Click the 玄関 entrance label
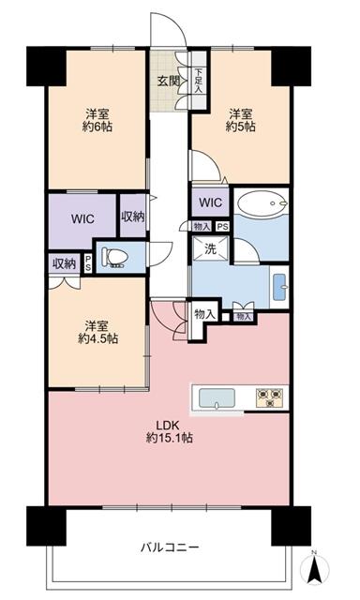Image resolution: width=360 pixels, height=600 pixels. coord(170,79)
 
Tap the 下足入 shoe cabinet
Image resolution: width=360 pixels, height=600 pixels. coord(199,81)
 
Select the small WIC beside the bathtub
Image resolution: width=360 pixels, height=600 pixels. coord(209,202)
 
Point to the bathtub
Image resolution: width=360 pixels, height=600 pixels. coord(262,203)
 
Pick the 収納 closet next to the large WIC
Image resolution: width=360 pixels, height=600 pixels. coord(132,217)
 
